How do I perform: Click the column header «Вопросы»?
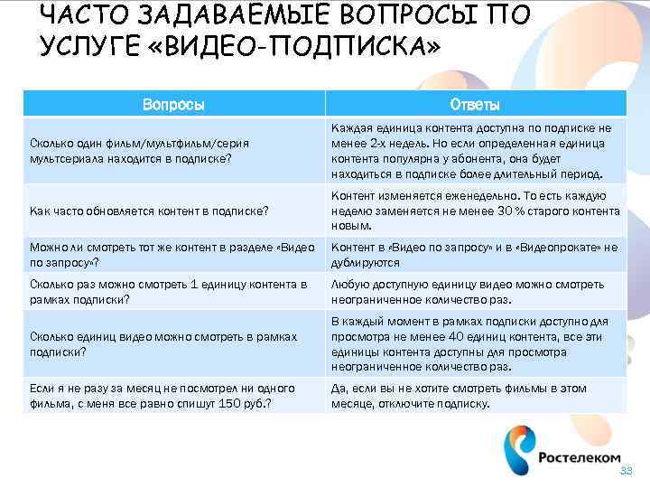172,105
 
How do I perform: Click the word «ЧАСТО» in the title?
86,15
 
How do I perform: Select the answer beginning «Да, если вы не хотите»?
460,396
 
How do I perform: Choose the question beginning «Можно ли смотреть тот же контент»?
172,255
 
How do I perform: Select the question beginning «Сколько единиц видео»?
163,344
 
